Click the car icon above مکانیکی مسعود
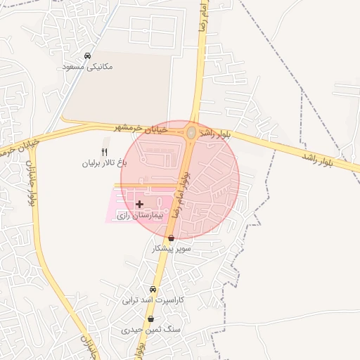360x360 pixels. coord(87,56)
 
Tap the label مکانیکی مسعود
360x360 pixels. coord(87,67)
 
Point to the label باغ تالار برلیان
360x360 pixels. coord(105,163)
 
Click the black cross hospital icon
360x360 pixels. coord(139,204)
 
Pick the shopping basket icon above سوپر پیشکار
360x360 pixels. coord(172,238)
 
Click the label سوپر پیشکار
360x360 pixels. coord(172,249)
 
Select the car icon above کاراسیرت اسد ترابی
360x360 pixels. coord(153,289)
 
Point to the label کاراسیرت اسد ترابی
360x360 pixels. coord(153,300)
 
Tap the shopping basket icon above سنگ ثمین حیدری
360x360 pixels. coord(150,319)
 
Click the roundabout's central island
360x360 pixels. coord(191,132)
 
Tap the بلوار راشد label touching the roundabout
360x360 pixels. coord(214,132)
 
